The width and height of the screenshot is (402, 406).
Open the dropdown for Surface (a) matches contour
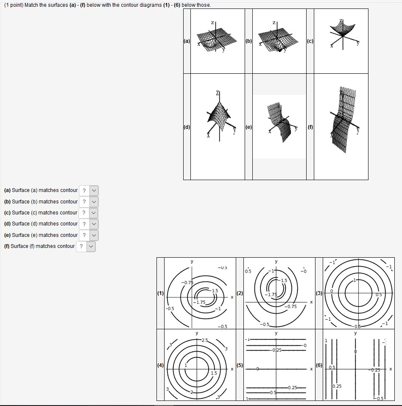click(x=89, y=191)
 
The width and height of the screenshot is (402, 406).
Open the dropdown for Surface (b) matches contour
click(x=89, y=202)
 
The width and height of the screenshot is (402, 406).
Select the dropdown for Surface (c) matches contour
click(x=89, y=213)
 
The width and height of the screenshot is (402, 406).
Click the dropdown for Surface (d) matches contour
click(x=89, y=224)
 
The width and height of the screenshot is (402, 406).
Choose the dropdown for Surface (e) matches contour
click(x=89, y=235)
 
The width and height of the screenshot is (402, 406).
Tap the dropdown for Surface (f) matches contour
click(x=86, y=246)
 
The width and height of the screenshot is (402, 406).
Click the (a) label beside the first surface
click(x=187, y=41)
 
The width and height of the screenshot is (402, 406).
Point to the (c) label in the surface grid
click(x=310, y=41)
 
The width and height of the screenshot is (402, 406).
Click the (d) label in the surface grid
click(x=187, y=126)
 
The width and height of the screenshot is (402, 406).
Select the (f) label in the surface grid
click(x=310, y=126)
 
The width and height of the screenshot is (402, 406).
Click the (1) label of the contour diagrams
click(x=160, y=293)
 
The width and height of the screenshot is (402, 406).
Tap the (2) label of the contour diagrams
click(x=240, y=293)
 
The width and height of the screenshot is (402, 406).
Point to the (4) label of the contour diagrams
click(x=160, y=365)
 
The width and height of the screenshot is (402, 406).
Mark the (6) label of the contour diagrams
click(x=319, y=365)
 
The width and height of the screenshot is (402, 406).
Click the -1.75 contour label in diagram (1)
click(x=200, y=303)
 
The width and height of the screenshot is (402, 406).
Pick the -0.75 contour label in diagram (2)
click(x=290, y=306)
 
